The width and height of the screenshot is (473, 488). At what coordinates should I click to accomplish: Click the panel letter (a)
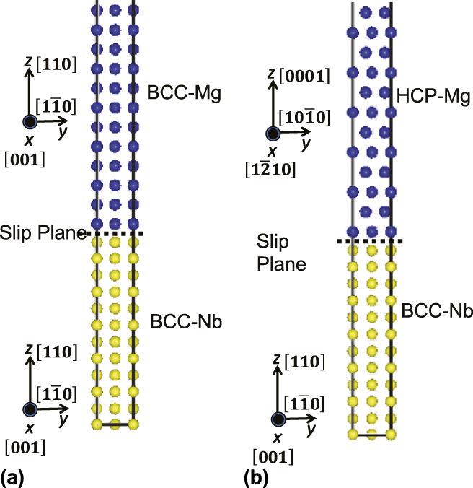(14, 476)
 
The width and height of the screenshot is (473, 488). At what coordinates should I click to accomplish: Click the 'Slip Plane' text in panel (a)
(43, 232)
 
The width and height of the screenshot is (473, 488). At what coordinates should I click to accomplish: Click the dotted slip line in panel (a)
(115, 233)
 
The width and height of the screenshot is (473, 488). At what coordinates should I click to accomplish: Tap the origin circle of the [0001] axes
(273, 134)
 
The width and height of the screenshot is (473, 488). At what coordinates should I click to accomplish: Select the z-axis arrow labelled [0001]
(273, 101)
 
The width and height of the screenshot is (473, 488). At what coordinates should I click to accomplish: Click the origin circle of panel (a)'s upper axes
(29, 122)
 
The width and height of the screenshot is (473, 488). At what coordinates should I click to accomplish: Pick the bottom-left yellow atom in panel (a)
(96, 424)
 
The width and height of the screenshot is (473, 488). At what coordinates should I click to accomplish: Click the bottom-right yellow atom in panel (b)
(391, 434)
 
